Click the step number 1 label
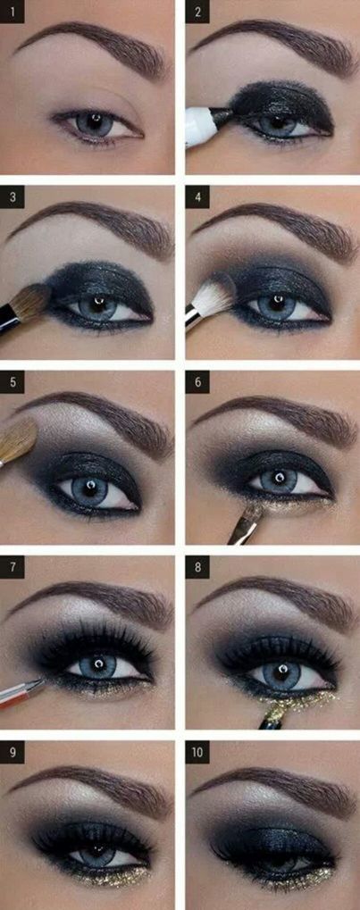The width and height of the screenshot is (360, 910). tap(13, 12)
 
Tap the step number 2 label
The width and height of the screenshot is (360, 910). tap(197, 12)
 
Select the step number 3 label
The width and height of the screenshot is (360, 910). tap(13, 196)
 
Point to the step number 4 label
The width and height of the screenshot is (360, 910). tap(197, 196)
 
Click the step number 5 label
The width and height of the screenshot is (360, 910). tap(13, 382)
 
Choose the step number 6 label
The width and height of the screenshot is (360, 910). tap(197, 382)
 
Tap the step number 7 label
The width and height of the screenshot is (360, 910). tap(13, 567)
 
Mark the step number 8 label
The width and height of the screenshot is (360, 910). tap(197, 567)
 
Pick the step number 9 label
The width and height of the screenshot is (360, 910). tap(13, 752)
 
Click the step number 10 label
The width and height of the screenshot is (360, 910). tap(197, 752)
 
